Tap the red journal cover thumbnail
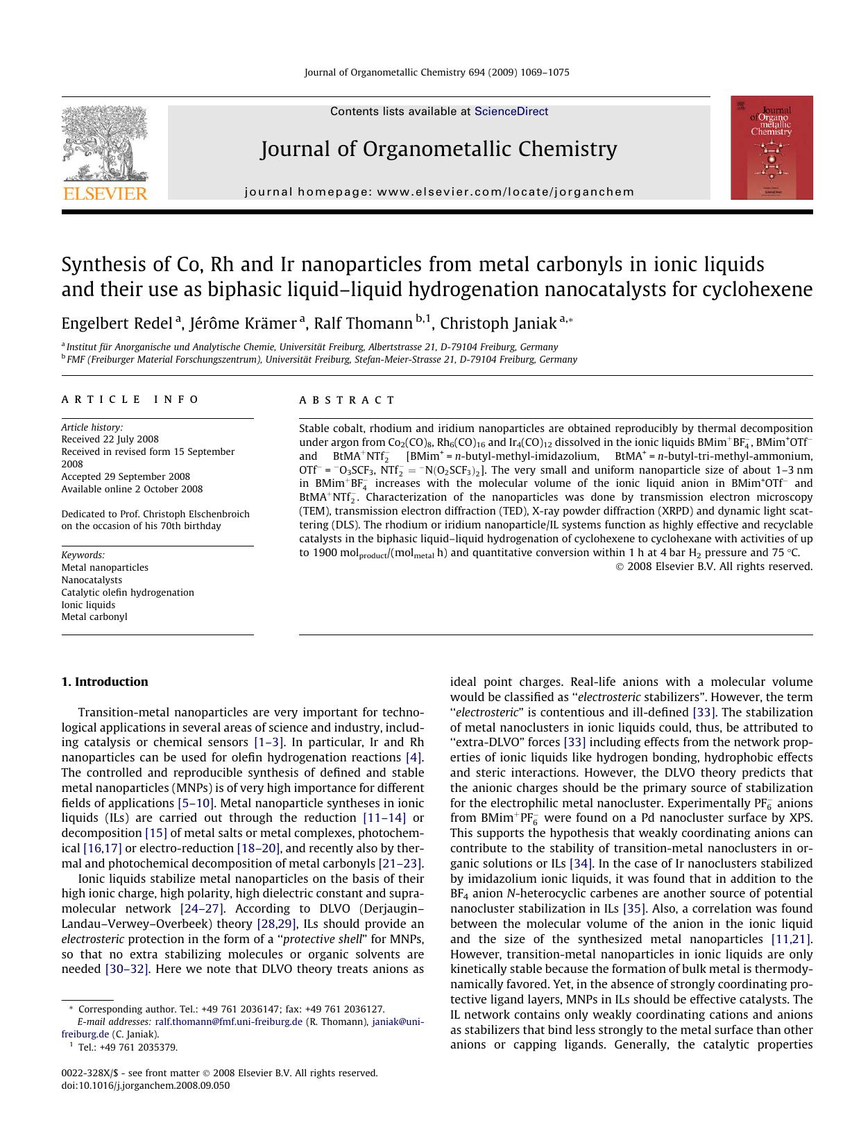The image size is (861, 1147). [x=771, y=148]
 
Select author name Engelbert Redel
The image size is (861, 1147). [x=117, y=324]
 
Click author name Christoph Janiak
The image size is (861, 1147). [x=497, y=324]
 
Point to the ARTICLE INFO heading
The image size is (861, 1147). [x=130, y=400]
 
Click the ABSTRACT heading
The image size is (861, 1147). [x=347, y=400]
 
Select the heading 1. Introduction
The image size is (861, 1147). [x=105, y=682]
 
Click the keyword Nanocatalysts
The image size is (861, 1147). [x=92, y=580]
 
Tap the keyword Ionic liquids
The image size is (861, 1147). [x=88, y=605]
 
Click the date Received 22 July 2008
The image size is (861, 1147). [x=110, y=439]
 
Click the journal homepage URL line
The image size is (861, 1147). [x=439, y=192]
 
